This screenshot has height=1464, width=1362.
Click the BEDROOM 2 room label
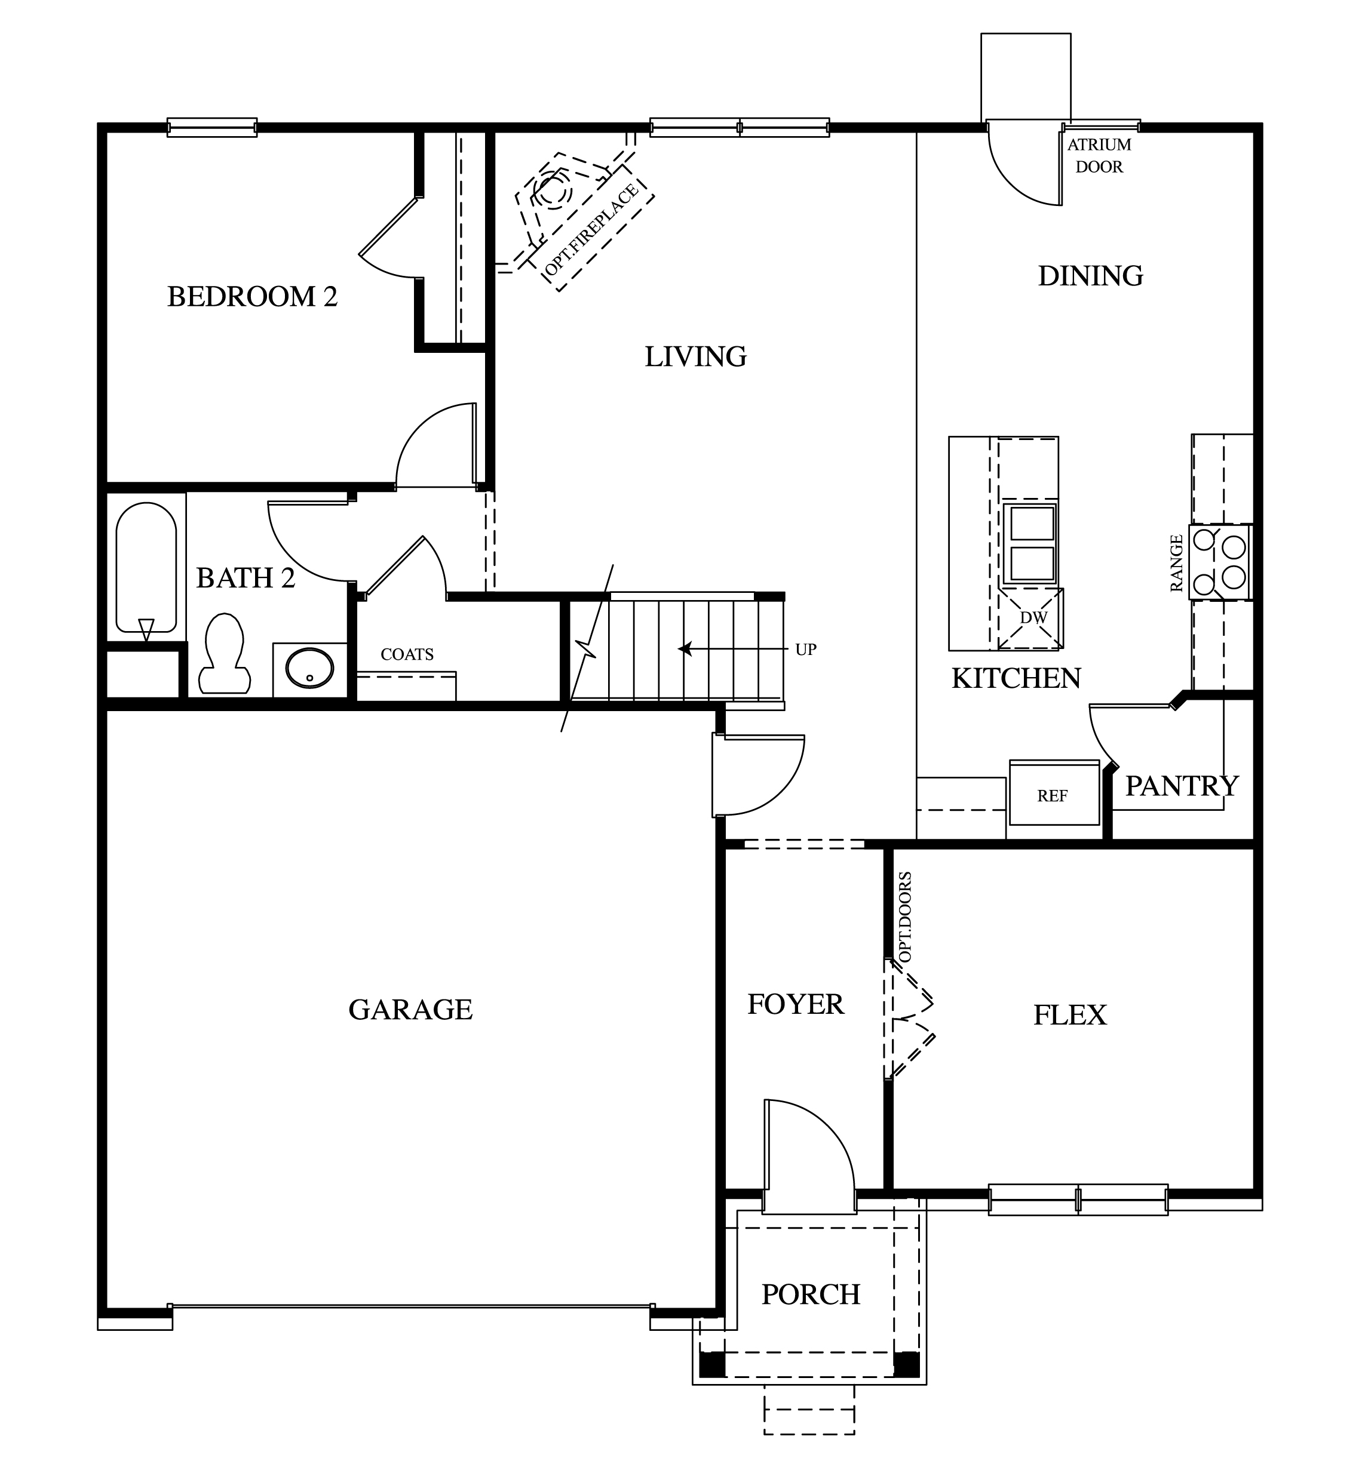click(x=252, y=297)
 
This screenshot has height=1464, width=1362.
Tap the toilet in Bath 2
click(x=225, y=653)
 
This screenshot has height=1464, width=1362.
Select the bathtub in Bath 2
click(x=146, y=568)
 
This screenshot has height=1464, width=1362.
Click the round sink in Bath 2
click(x=309, y=668)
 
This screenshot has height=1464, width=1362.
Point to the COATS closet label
click(x=407, y=654)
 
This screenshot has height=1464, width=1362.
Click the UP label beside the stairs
click(x=805, y=650)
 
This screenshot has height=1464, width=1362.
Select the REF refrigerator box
click(x=1053, y=795)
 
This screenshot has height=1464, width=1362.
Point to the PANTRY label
click(x=1182, y=786)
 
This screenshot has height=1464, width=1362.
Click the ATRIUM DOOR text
click(x=1099, y=155)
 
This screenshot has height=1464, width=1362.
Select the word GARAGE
click(x=410, y=1009)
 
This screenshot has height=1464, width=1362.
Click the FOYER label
click(x=796, y=1004)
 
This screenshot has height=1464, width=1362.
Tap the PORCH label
click(x=810, y=1294)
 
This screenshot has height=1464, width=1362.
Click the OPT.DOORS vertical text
click(x=905, y=917)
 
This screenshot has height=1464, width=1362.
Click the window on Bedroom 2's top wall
click(x=212, y=127)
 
